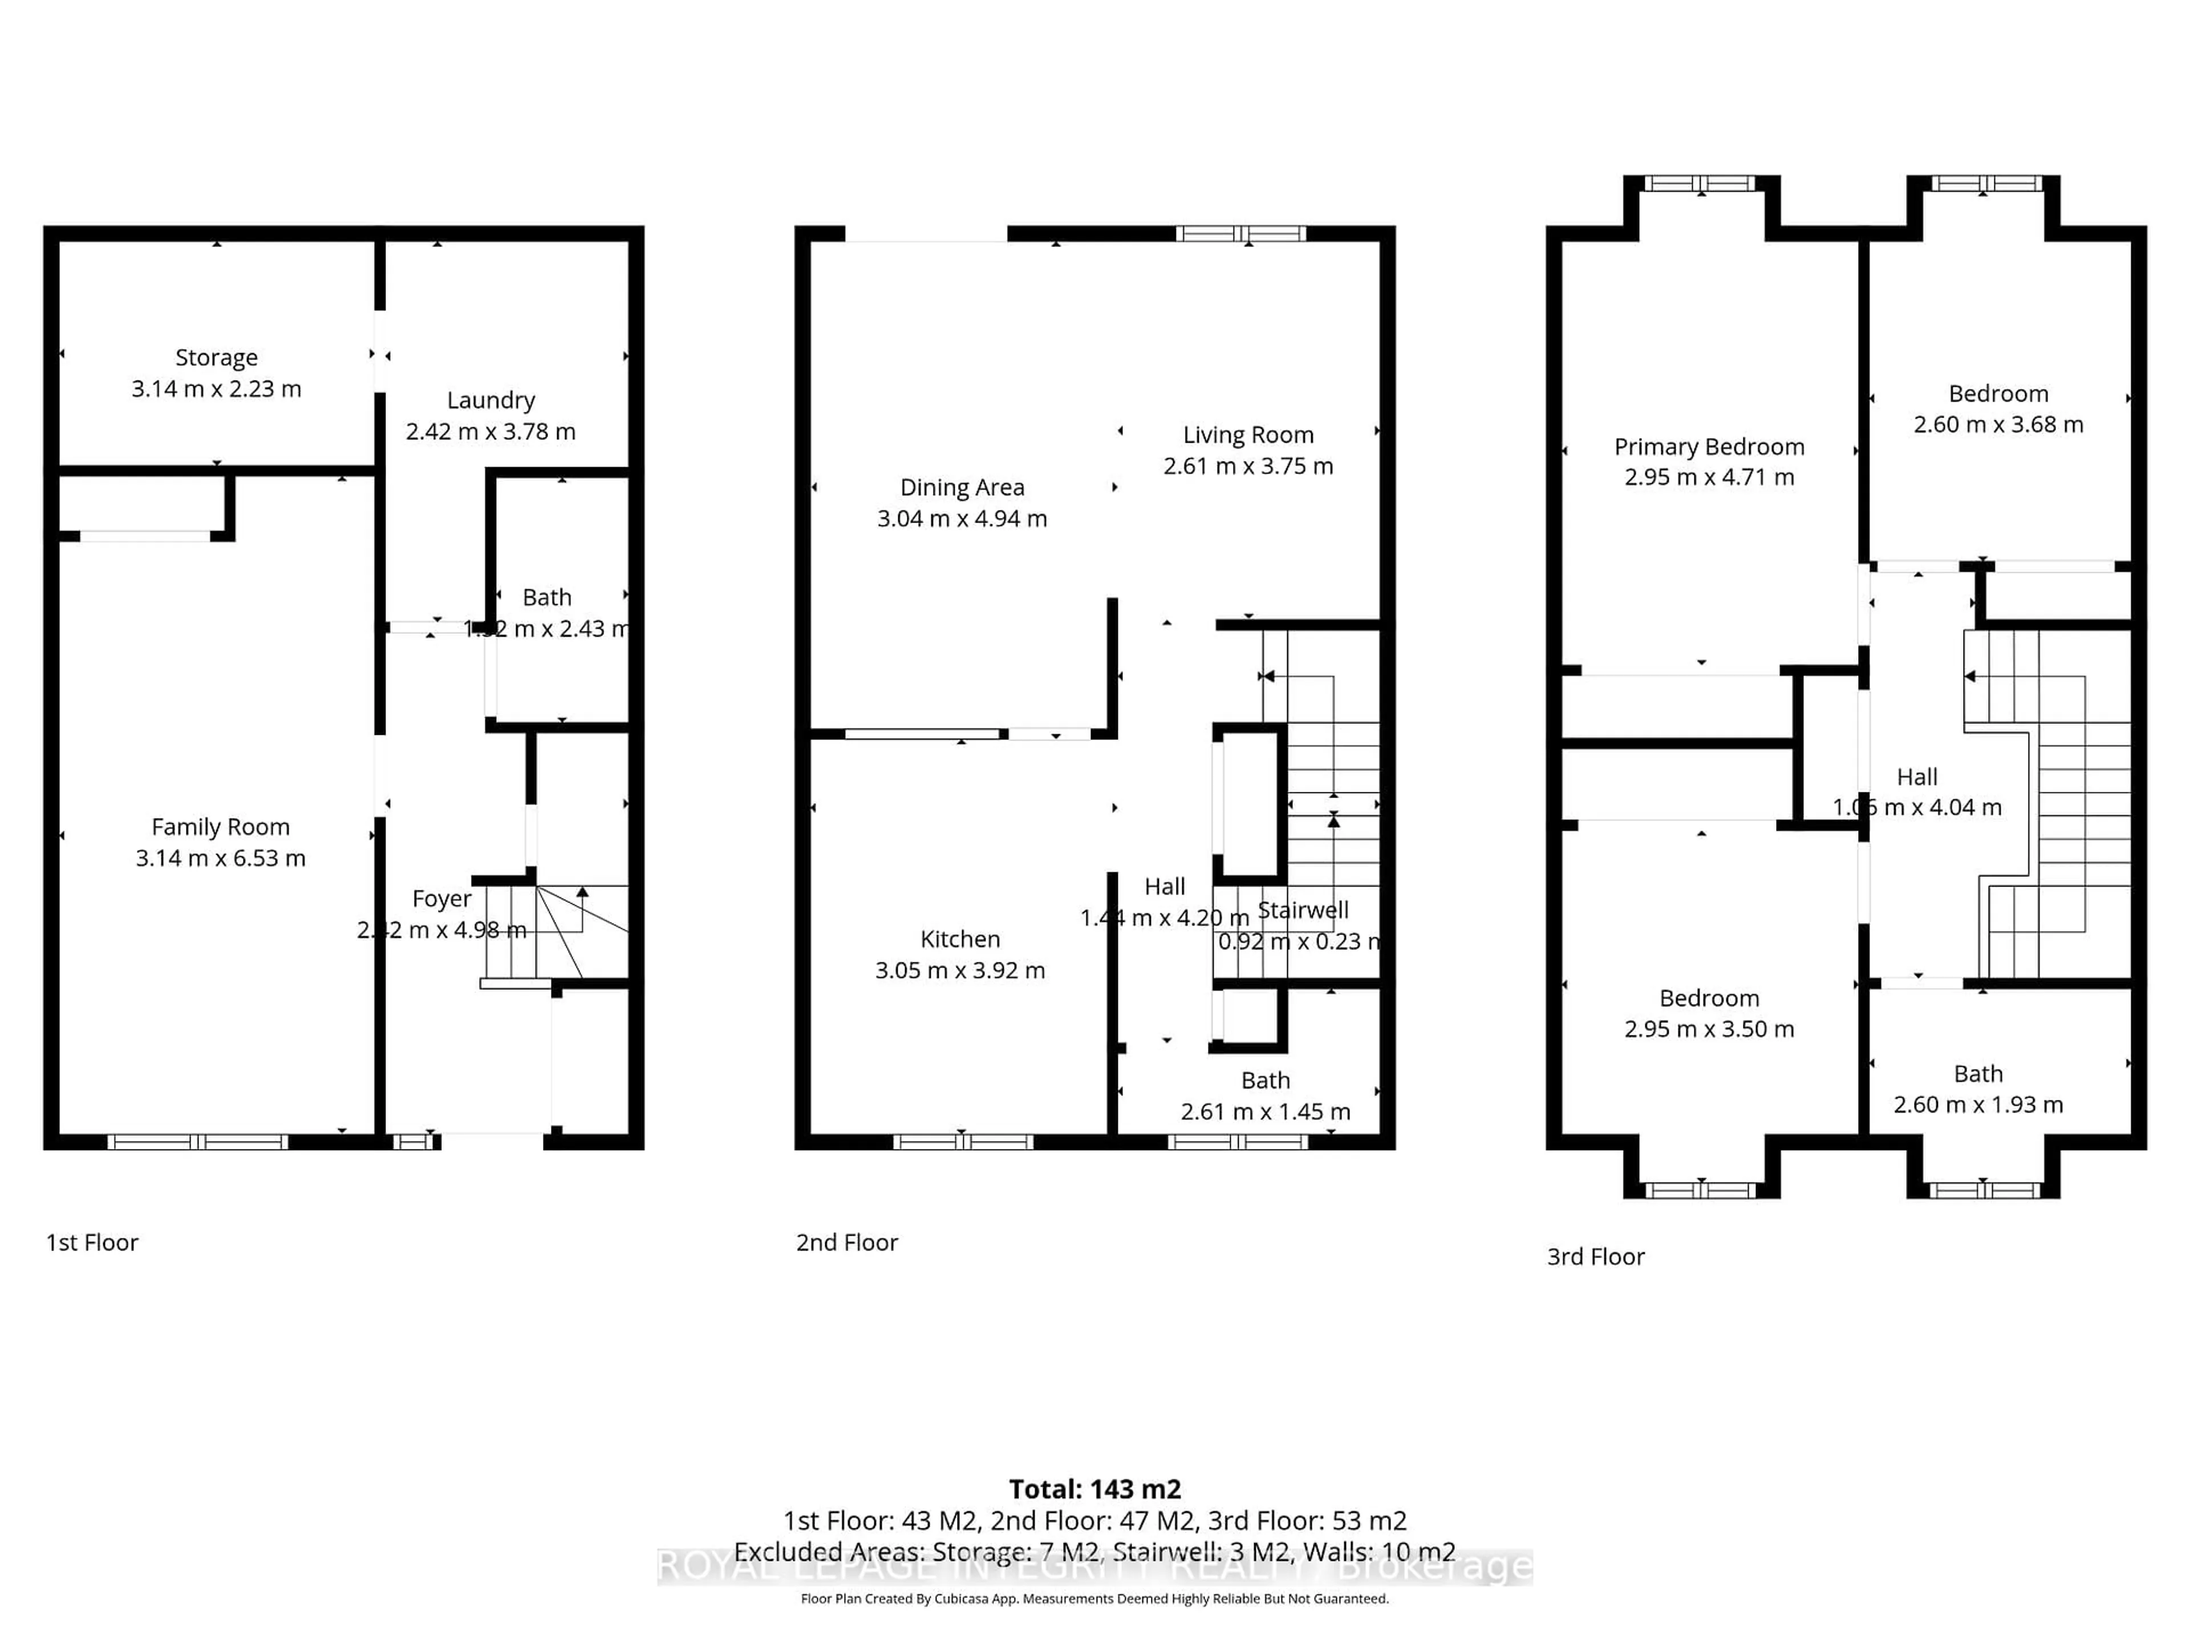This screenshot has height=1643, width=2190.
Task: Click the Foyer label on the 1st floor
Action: click(x=441, y=899)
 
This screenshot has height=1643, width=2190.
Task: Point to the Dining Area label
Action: click(x=962, y=487)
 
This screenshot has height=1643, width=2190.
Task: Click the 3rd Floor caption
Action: click(x=1595, y=1257)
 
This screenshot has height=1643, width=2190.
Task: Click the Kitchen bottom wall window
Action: click(x=962, y=1142)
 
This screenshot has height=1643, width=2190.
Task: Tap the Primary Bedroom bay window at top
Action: click(x=1700, y=183)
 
